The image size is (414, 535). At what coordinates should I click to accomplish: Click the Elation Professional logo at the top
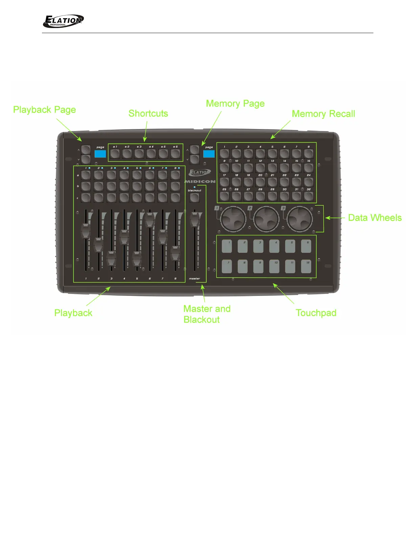point(63,21)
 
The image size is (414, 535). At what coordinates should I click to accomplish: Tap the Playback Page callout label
point(44,110)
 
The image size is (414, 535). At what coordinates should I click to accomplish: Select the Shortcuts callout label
point(148,113)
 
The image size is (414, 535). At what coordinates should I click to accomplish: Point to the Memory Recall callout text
point(323,114)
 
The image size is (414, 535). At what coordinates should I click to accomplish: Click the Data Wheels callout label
point(375,218)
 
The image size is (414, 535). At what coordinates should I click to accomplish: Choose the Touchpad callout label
point(316,313)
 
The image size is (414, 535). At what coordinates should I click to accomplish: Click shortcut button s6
point(175,154)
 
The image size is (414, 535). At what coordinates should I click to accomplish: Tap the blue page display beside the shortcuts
point(100,154)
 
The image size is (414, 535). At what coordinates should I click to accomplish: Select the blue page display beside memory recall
point(209,154)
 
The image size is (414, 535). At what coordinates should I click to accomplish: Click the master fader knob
point(194,220)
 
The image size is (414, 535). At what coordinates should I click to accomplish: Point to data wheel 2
point(267,219)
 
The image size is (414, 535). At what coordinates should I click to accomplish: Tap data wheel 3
point(300,219)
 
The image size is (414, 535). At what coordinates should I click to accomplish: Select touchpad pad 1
point(227,247)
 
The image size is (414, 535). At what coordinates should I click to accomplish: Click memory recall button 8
point(308,154)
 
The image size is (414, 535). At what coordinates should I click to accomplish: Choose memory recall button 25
point(224,196)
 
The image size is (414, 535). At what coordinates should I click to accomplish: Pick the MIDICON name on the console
point(200,182)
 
